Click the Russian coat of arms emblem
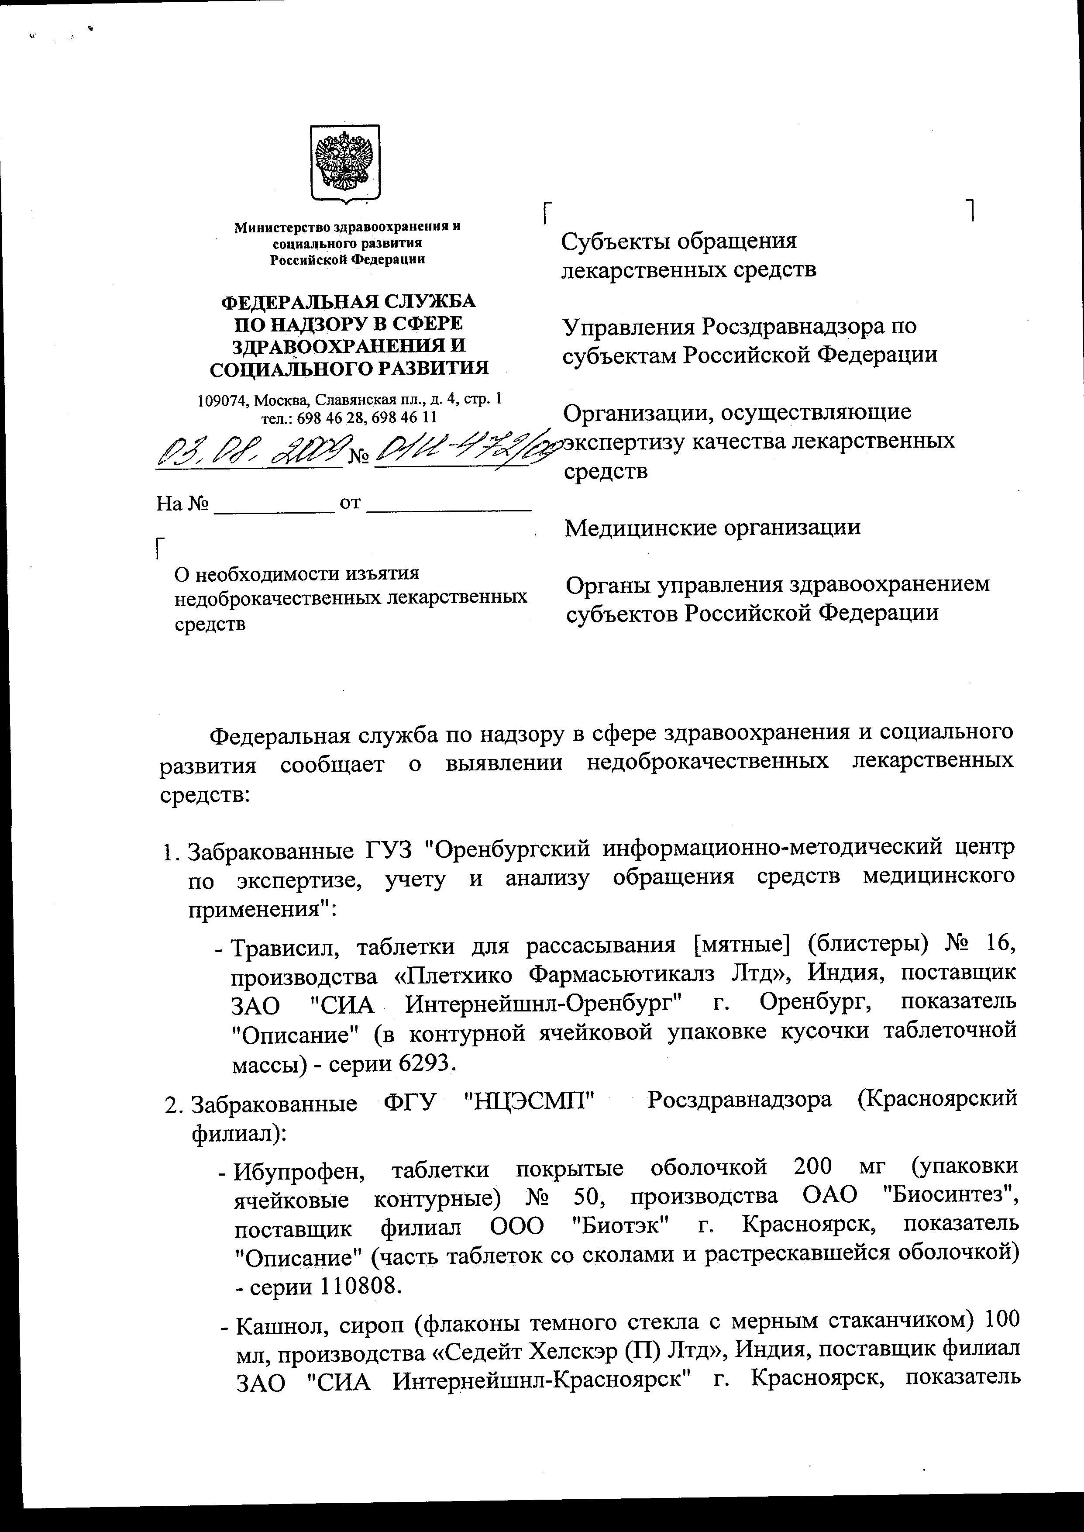coord(345,163)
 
